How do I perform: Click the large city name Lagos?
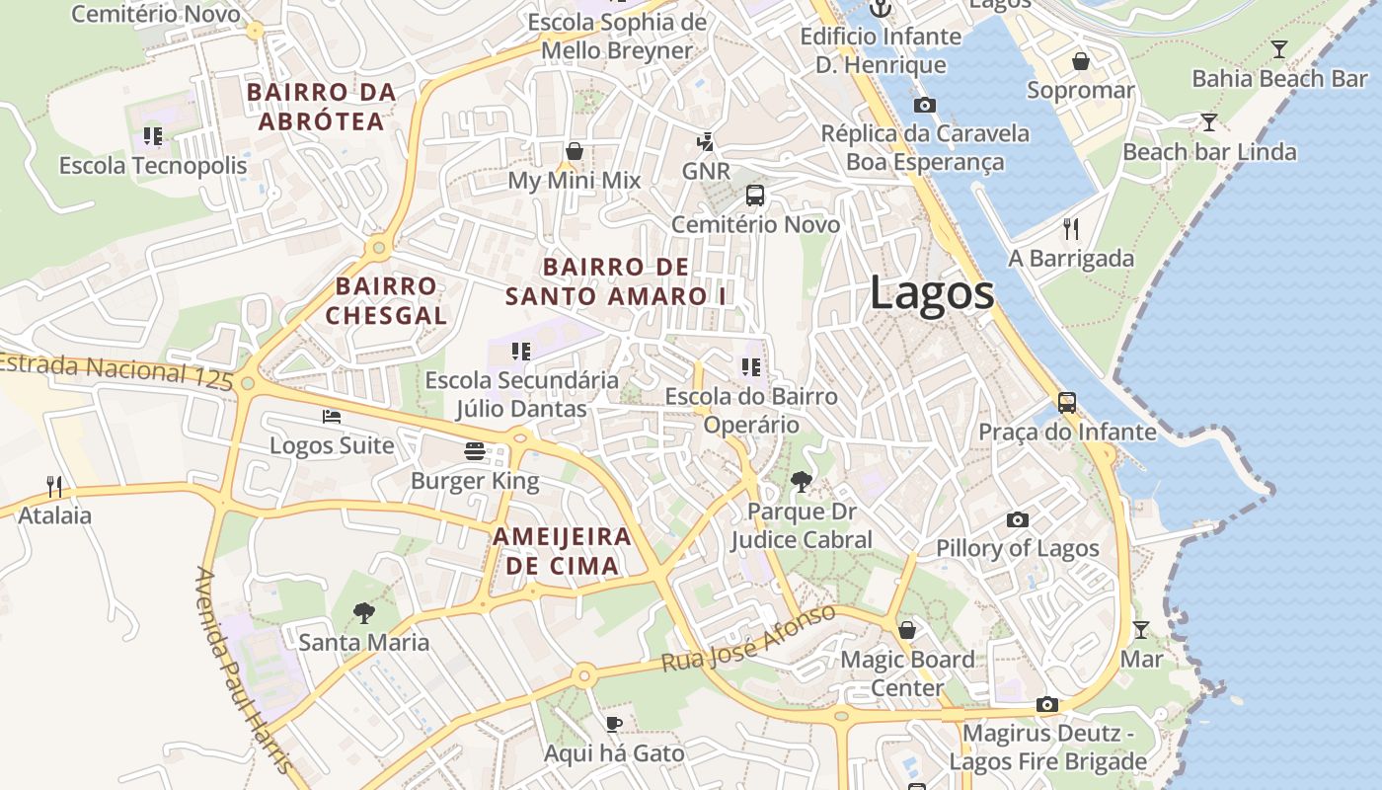932,293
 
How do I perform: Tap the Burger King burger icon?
475,451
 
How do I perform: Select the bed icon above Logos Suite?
332,416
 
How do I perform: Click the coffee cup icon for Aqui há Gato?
613,724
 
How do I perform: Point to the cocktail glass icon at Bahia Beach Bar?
1279,49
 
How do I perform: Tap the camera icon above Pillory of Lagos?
1018,519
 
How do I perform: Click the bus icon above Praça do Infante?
1067,402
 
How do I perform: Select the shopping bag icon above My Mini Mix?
575,151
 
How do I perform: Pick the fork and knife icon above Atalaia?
54,486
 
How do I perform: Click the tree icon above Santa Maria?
364,612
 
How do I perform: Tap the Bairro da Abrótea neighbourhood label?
321,107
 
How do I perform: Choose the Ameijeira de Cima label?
562,551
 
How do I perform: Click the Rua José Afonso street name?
748,640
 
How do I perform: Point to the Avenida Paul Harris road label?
244,671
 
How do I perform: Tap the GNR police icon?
705,142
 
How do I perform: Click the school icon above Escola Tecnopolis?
152,135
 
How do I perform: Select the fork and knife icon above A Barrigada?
1071,229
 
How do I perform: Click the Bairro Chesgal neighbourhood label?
386,301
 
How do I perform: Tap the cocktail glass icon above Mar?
1141,629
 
